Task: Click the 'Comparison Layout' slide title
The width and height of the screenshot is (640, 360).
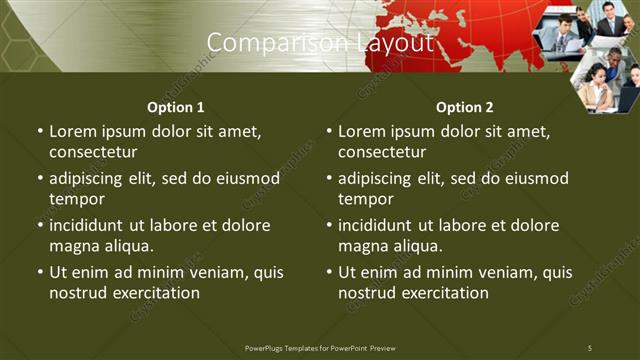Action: click(x=320, y=43)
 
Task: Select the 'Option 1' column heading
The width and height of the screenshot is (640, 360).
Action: click(x=176, y=107)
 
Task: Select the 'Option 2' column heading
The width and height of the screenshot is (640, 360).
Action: click(x=465, y=107)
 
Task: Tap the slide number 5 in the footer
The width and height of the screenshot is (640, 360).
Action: click(x=590, y=347)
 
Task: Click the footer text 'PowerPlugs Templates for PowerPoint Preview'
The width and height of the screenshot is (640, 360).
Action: click(x=320, y=347)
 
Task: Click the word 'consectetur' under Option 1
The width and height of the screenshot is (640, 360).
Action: click(x=93, y=153)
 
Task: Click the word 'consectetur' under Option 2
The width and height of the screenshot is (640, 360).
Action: click(x=382, y=153)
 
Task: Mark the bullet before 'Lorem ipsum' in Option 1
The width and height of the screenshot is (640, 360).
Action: click(x=40, y=132)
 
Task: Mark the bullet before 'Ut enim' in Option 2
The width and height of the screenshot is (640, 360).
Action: click(x=329, y=272)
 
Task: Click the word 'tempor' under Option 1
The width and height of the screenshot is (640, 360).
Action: click(x=76, y=199)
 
